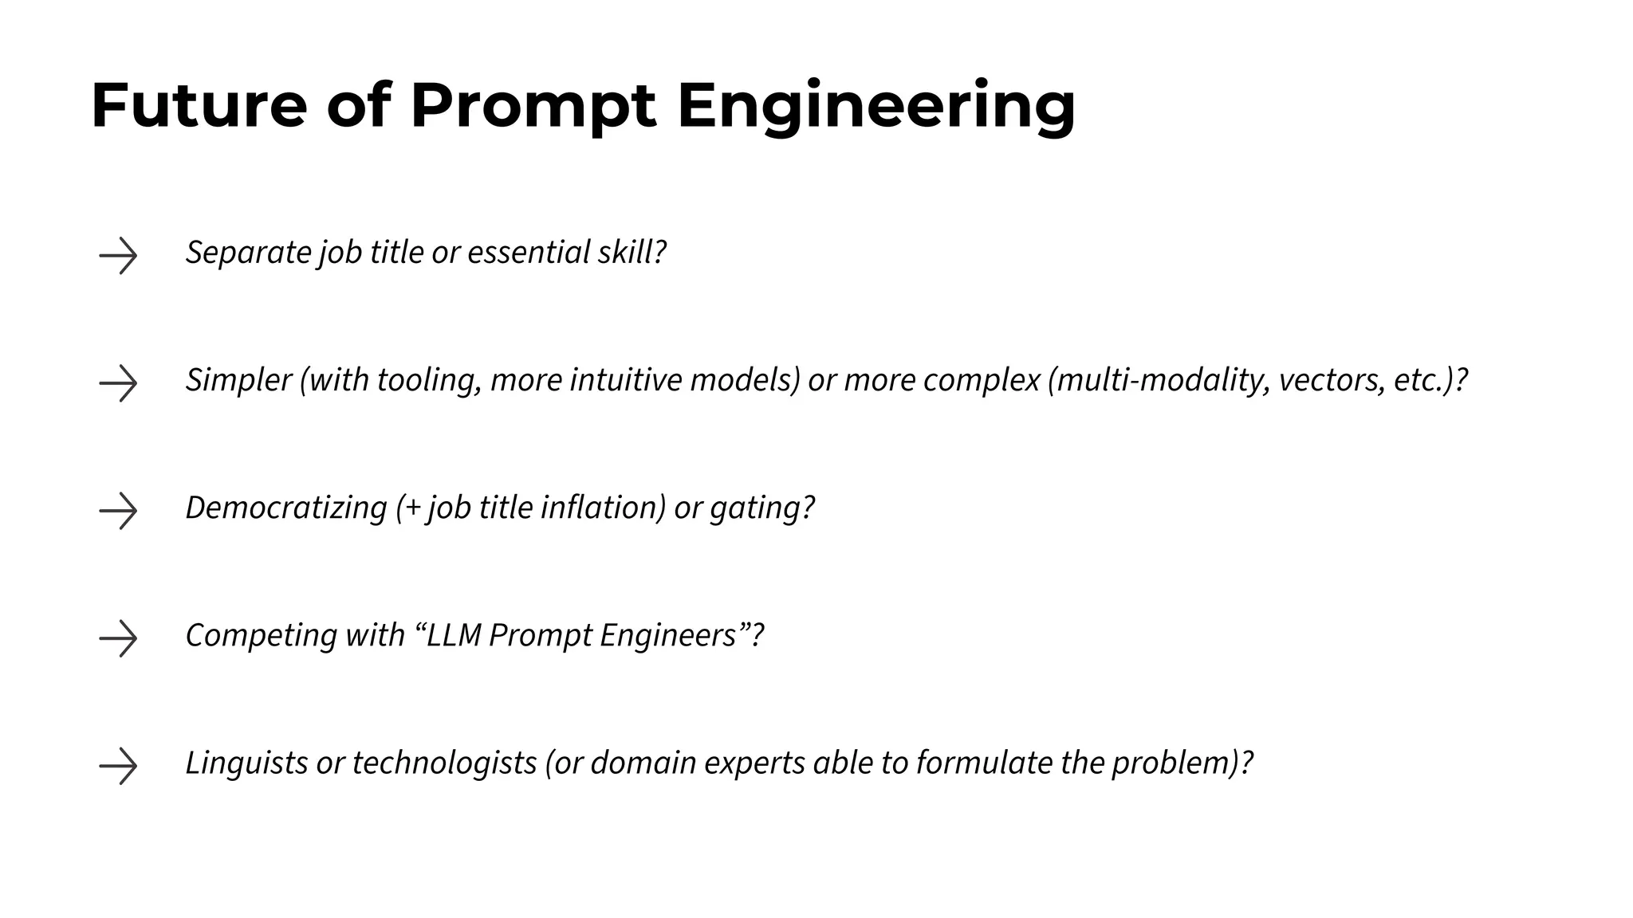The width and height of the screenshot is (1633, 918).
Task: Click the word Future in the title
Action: (199, 105)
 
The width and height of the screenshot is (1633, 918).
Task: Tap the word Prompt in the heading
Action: (533, 107)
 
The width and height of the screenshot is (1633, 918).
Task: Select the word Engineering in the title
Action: (876, 107)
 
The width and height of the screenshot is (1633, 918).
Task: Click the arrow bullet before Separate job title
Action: (118, 256)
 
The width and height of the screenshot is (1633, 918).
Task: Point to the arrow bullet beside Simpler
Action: (118, 383)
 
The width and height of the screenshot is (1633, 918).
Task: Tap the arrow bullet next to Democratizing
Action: (118, 511)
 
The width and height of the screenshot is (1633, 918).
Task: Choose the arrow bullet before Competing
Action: (118, 638)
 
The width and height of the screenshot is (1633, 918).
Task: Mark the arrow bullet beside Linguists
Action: (118, 766)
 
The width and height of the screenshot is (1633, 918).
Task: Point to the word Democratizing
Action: (285, 508)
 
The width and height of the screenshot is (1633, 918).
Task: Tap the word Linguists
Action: (246, 763)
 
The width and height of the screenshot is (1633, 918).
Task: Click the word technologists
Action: (444, 763)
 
